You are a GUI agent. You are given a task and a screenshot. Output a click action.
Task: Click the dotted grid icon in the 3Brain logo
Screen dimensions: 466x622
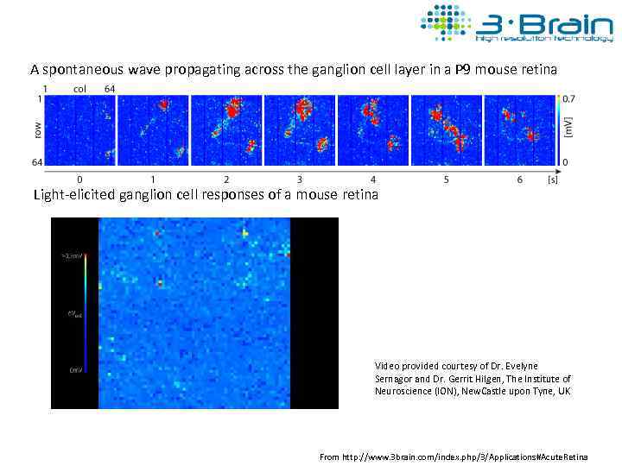coord(445,22)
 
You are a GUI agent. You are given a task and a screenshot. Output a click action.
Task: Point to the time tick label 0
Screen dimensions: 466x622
coord(79,179)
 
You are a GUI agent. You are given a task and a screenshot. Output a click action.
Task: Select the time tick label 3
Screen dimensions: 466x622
coord(300,179)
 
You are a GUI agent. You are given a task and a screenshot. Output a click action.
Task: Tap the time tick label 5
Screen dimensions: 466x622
coord(447,179)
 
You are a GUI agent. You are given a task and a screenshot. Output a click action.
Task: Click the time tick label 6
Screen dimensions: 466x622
coord(520,179)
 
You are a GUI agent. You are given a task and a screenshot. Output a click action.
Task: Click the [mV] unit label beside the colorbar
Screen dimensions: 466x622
coord(569,130)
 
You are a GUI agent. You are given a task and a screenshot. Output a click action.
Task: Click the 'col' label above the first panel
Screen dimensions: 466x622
coord(79,88)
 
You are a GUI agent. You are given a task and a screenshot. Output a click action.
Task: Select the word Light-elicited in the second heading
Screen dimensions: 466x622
coord(72,194)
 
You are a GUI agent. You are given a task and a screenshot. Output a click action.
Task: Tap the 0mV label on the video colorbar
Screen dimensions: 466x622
coord(75,370)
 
